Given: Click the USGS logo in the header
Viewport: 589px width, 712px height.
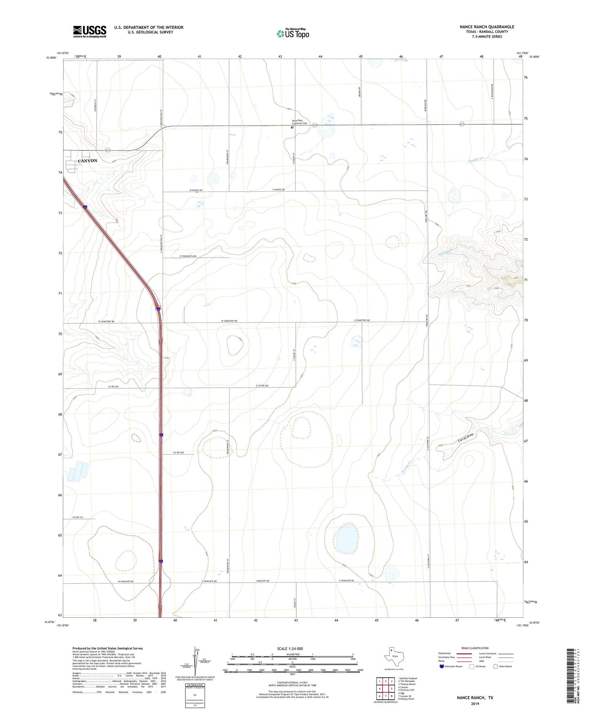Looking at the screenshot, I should [90, 31].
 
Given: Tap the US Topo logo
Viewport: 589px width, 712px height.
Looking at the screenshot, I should [293, 33].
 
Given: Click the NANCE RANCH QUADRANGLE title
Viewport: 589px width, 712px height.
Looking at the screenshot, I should [487, 27].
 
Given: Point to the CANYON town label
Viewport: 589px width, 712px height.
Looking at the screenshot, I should [88, 161].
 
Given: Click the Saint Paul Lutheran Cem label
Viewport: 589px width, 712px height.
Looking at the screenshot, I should [299, 122].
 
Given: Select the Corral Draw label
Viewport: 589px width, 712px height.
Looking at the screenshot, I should [466, 438].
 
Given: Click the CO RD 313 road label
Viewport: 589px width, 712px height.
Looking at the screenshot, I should [77, 517].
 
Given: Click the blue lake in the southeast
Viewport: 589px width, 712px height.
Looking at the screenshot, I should [347, 539].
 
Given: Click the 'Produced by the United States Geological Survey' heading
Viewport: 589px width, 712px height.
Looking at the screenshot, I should [108, 648].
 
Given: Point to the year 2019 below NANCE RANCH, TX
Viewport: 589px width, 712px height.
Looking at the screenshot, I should [475, 704].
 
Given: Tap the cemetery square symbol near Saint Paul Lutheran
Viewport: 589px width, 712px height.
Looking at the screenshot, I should [292, 127].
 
